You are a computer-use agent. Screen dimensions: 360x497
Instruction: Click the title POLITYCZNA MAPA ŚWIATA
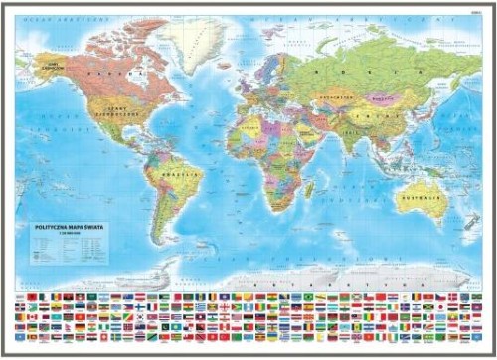(x=71, y=227)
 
